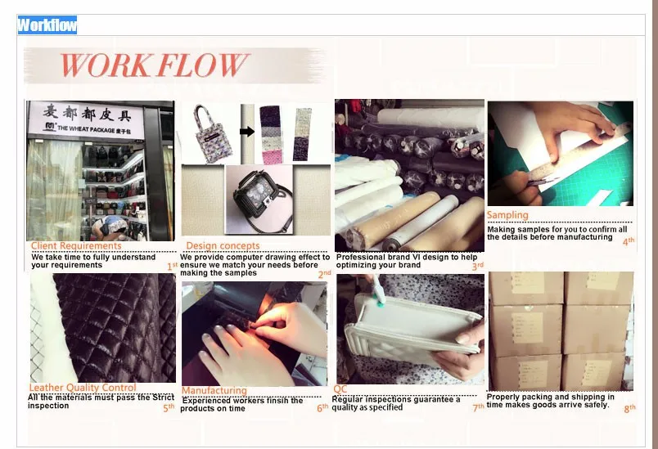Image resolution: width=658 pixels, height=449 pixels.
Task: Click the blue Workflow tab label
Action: click(x=47, y=25)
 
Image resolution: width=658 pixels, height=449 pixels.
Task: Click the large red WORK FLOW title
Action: click(x=155, y=65)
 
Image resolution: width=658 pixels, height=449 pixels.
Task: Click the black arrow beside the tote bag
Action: click(x=247, y=132)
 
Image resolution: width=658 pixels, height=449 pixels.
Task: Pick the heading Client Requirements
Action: click(x=76, y=245)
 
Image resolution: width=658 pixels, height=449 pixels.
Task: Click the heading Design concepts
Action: click(x=223, y=245)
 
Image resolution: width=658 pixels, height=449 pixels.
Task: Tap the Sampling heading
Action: click(x=507, y=215)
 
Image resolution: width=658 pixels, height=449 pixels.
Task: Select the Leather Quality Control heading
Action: click(x=83, y=388)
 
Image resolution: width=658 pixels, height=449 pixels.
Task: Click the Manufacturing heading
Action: click(x=214, y=390)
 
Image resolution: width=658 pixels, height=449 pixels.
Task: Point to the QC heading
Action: click(x=340, y=389)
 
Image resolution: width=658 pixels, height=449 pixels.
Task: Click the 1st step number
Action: click(x=173, y=267)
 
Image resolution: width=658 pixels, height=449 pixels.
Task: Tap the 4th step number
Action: click(x=629, y=241)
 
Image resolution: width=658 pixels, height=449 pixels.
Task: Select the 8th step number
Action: click(x=629, y=408)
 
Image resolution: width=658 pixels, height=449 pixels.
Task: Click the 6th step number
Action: click(x=322, y=407)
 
